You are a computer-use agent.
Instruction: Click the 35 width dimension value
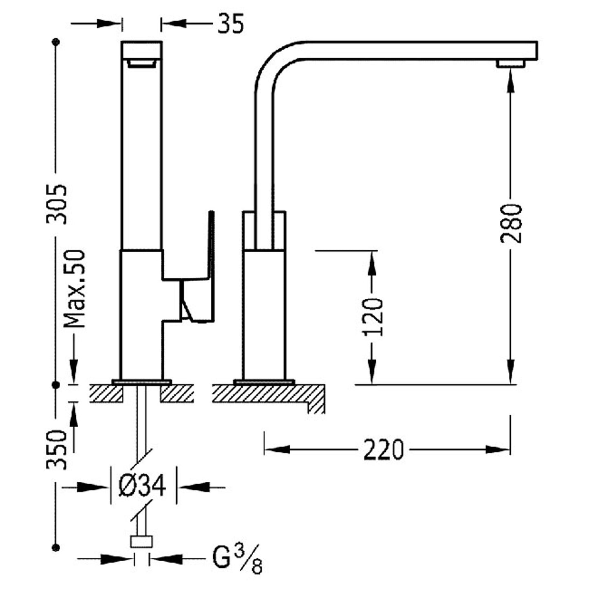pyautogui.click(x=230, y=24)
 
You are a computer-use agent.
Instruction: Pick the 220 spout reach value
pyautogui.click(x=383, y=450)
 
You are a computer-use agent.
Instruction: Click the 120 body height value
pyautogui.click(x=373, y=317)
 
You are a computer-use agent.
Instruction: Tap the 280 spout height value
pyautogui.click(x=511, y=223)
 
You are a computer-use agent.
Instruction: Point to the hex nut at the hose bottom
pyautogui.click(x=141, y=542)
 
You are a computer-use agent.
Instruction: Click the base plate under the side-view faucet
pyautogui.click(x=264, y=382)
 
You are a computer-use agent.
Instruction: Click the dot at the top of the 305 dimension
pyautogui.click(x=56, y=42)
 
